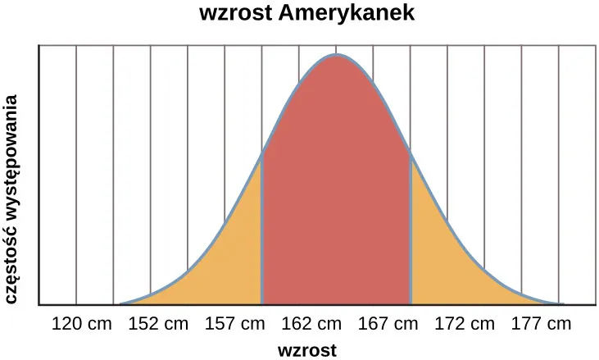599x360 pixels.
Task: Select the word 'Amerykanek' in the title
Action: coord(347,14)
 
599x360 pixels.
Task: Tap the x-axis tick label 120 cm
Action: coord(81,323)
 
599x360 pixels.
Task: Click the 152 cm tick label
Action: coord(158,323)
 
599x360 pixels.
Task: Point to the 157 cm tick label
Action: coord(234,323)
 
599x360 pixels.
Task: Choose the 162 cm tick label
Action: coord(311,323)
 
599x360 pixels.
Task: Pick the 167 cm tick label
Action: coord(388,323)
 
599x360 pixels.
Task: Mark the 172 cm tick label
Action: coord(465,323)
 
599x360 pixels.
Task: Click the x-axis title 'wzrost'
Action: coord(307,351)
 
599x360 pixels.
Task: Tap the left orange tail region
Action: coord(225,262)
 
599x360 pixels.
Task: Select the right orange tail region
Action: coord(447,262)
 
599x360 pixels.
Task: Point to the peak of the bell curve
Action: coord(336,55)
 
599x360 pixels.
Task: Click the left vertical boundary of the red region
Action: coord(262,230)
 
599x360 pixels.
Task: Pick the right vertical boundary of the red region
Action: coord(410,230)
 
